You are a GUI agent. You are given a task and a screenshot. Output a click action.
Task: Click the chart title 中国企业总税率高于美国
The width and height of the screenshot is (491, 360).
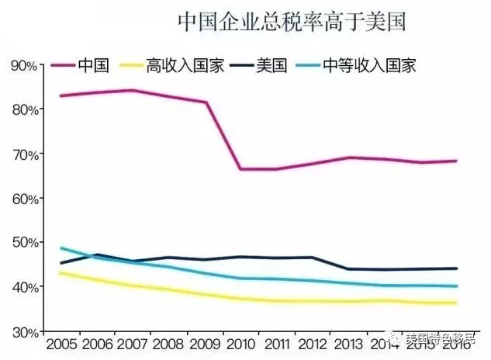[x=293, y=21]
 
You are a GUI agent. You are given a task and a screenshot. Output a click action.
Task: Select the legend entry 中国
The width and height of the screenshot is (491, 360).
[x=93, y=65]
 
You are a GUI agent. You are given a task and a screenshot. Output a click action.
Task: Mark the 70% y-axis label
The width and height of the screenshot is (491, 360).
[x=24, y=154]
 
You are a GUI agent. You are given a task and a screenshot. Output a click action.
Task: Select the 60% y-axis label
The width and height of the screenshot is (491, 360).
[x=24, y=199]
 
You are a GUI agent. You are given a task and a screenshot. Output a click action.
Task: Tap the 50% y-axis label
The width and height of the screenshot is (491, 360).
[x=24, y=243]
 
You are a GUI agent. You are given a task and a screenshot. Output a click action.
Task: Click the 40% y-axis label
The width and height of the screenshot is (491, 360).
[x=24, y=287]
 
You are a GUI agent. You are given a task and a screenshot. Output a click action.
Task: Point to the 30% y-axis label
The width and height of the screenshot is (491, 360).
[x=24, y=331]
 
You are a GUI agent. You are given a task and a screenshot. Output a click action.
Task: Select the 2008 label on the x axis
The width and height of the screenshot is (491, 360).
[x=168, y=344]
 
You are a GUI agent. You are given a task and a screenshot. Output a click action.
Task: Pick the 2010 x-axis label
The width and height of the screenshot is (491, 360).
[x=240, y=344]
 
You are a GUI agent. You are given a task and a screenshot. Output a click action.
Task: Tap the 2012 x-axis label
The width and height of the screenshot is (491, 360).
[x=312, y=344]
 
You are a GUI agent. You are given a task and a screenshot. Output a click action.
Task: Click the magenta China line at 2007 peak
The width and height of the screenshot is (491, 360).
[x=132, y=90]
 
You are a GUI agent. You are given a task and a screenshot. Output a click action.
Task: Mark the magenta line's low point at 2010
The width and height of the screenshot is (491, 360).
[x=240, y=169]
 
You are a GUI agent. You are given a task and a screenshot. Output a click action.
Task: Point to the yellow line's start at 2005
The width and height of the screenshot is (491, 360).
[x=61, y=273]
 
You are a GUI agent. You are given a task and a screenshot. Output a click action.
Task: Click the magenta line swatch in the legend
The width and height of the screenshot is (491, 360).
[x=64, y=65]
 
